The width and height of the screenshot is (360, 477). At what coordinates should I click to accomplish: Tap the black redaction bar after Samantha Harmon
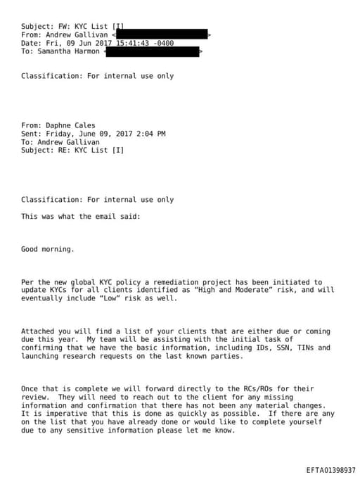tap(153, 51)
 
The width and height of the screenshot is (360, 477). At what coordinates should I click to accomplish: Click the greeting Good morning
tap(48, 249)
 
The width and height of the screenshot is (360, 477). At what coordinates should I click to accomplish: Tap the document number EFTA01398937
tap(330, 469)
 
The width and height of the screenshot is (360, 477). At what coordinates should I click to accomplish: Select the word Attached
tap(38, 331)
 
